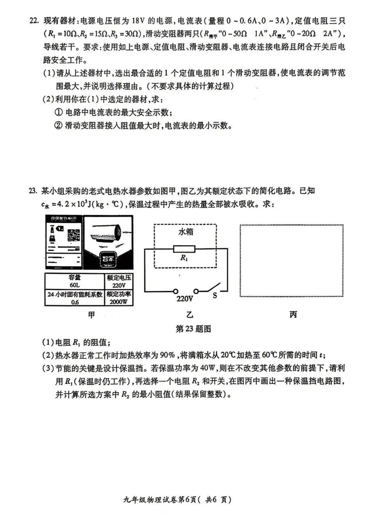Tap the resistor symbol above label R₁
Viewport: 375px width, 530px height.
click(184, 249)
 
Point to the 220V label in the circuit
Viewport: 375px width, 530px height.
click(184, 298)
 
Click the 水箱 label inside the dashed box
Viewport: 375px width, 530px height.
click(185, 232)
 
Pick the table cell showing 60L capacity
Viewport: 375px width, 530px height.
click(74, 281)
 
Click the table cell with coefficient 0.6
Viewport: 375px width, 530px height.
click(74, 298)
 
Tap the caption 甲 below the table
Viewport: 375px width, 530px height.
click(91, 315)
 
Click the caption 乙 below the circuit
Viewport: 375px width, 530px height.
click(190, 315)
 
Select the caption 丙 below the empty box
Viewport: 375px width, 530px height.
click(293, 314)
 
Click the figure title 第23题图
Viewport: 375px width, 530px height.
click(193, 329)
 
